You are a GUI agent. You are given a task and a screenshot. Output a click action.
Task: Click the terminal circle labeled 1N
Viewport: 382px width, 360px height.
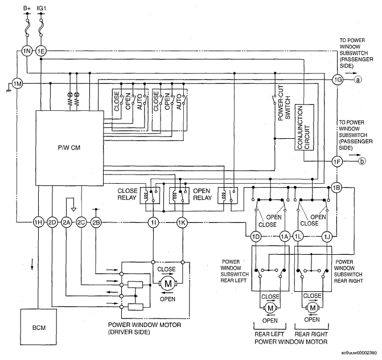point(27,51)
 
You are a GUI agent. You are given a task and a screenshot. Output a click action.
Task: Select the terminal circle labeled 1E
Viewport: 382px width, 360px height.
point(41,51)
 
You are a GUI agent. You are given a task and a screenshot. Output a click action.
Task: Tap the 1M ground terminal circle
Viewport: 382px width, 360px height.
point(17,84)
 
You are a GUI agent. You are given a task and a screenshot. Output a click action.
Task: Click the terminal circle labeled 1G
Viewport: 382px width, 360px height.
point(338,80)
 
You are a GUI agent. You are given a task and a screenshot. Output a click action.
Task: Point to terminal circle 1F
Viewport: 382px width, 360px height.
point(337,162)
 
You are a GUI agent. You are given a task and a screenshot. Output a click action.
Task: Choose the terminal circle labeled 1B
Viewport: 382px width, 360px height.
point(336,188)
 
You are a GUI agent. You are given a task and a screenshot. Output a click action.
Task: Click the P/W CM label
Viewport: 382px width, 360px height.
point(69,148)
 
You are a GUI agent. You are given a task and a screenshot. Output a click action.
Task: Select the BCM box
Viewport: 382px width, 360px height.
point(39,327)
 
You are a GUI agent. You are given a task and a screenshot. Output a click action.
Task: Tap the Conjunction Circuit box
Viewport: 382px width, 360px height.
point(304,127)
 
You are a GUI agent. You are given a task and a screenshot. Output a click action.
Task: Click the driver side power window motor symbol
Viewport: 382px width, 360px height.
point(168,284)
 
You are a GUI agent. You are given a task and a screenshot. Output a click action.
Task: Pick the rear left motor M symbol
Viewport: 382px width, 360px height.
point(270,308)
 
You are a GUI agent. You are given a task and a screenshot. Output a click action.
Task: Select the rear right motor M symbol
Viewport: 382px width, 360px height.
point(312,308)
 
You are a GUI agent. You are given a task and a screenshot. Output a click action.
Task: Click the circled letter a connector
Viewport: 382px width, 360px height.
point(358,80)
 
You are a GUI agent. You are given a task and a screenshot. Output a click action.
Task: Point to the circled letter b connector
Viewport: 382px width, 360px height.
point(362,161)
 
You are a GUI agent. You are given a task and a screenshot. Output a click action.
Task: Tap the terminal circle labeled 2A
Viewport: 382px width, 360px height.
point(66,222)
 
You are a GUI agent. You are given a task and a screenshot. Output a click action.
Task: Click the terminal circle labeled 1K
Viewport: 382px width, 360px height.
point(182,222)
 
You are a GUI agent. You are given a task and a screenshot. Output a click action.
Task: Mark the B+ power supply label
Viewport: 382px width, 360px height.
point(27,8)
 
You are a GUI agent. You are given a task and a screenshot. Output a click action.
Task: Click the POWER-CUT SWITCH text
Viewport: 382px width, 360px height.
point(284,103)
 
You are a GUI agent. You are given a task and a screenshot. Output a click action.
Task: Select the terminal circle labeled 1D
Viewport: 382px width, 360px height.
point(256,237)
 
